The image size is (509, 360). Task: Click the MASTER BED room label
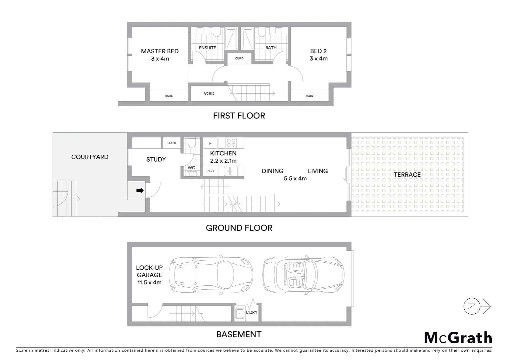(160, 51)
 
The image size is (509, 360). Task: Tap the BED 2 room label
(318, 51)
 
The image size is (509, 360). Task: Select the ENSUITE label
(207, 48)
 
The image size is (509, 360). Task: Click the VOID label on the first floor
(209, 93)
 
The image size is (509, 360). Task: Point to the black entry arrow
(140, 191)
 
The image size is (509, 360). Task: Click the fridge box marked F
(210, 143)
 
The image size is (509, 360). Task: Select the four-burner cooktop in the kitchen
(231, 143)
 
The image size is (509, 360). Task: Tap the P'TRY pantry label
(210, 171)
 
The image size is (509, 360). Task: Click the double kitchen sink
(231, 171)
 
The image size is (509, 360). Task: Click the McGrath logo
(458, 338)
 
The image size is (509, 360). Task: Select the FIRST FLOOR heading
(239, 116)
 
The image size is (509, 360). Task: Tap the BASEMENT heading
(239, 334)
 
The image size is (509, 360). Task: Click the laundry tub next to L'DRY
(239, 313)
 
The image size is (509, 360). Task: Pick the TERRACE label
(407, 175)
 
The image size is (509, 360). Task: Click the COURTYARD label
(90, 157)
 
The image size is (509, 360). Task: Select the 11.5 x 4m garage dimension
(149, 282)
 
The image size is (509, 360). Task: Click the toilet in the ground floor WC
(192, 143)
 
